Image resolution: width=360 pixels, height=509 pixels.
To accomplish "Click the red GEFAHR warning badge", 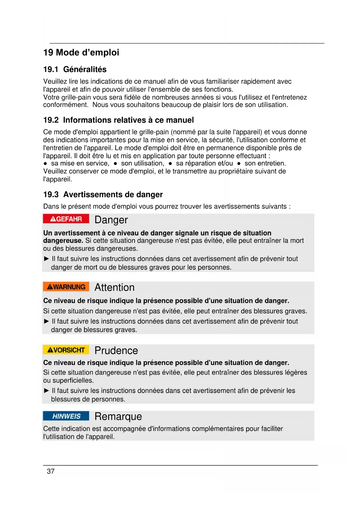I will [66, 219].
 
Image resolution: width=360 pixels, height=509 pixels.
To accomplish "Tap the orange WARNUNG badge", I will [66, 287].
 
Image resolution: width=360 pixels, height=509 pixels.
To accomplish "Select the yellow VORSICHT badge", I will [66, 350].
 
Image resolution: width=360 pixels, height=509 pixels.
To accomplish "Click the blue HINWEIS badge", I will [66, 416].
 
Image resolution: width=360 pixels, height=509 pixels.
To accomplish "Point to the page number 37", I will [51, 472].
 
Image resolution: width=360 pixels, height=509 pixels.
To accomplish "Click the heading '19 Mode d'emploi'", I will [81, 53].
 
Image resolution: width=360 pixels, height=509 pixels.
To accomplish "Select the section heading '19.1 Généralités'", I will [75, 69].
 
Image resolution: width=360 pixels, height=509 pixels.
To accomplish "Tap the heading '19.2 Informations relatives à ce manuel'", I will [118, 120].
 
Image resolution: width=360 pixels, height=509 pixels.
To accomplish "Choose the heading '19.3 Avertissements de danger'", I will [103, 194].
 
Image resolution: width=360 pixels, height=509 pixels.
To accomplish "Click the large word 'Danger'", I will [111, 220].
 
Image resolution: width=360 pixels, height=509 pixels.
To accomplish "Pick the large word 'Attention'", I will [115, 288].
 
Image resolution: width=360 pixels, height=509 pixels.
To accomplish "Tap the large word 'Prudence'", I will [116, 351].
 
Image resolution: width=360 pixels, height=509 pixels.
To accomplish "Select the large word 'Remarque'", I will [118, 416].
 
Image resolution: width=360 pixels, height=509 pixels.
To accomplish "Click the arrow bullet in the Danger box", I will [46, 259].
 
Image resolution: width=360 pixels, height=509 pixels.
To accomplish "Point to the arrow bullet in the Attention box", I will [46, 321].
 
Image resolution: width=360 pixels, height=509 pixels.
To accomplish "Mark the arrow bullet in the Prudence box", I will [46, 391].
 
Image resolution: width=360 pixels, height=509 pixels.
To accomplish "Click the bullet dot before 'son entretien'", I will [239, 164].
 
